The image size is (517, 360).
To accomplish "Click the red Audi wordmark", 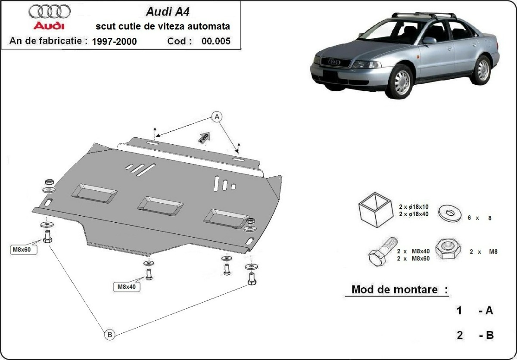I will (x=49, y=26).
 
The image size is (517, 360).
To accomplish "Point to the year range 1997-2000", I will (x=114, y=41).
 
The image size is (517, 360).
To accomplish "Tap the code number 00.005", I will (x=215, y=41).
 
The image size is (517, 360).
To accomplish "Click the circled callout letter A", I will (x=217, y=116).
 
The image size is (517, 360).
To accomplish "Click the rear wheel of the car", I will (x=482, y=69).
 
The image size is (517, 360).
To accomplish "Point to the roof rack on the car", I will (x=424, y=16).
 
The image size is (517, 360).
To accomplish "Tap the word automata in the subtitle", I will (x=211, y=26).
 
